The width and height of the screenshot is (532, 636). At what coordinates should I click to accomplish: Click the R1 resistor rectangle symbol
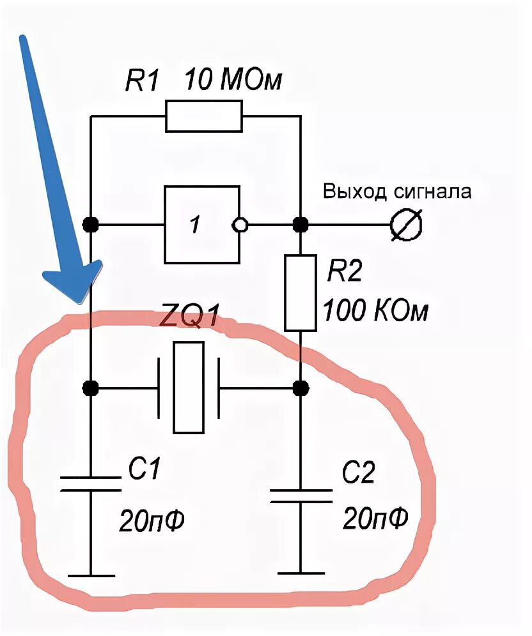(x=204, y=116)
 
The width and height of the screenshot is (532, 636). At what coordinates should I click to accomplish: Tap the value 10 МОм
(x=233, y=82)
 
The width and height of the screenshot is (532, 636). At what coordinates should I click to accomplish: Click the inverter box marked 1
(x=201, y=225)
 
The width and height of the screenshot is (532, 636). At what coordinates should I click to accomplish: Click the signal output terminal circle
(x=406, y=225)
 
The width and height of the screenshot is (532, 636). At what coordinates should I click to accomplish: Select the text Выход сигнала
(x=397, y=191)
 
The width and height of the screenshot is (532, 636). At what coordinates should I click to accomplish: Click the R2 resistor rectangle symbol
(x=300, y=292)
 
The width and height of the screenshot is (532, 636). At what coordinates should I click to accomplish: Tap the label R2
(x=345, y=273)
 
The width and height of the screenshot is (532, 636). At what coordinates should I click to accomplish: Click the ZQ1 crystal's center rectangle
(x=189, y=387)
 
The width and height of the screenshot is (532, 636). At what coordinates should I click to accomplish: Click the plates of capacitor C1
(x=91, y=483)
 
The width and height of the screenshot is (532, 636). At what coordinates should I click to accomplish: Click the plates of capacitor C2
(x=300, y=496)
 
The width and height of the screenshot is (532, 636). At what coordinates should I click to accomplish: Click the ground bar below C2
(x=300, y=573)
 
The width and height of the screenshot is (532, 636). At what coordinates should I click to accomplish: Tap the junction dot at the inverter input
(x=91, y=225)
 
